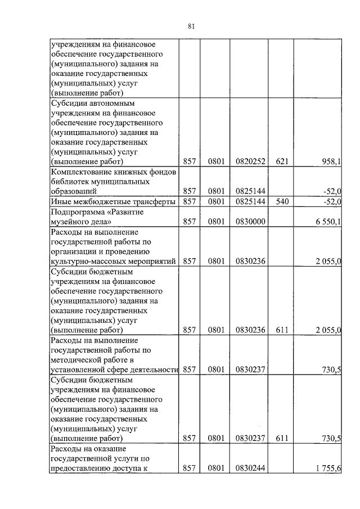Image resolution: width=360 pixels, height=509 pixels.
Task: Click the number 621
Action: [x=282, y=162]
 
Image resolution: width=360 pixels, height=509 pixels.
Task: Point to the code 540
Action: [x=282, y=201]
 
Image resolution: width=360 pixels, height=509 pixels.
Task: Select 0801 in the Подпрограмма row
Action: [x=215, y=222]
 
